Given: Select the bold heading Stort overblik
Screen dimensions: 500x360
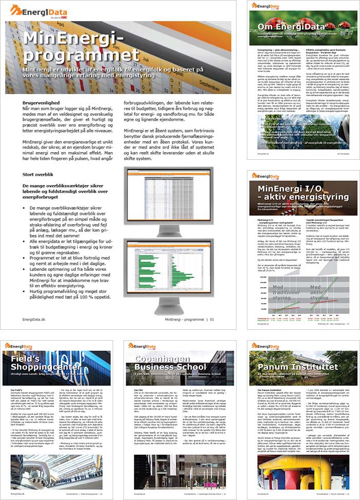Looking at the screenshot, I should (39, 175).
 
